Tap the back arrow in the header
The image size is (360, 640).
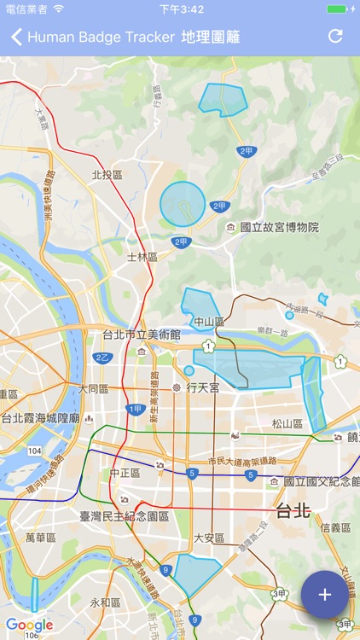click(x=16, y=37)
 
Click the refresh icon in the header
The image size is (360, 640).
click(x=335, y=37)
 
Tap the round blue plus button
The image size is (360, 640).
click(x=324, y=595)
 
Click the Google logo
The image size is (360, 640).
click(x=29, y=625)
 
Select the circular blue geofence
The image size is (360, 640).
click(x=183, y=204)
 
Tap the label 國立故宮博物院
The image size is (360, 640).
click(x=279, y=227)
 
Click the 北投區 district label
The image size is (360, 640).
click(x=107, y=174)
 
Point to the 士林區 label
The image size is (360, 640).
click(x=142, y=256)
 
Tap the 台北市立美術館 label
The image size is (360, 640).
click(x=142, y=334)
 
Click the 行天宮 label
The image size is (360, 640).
click(x=203, y=387)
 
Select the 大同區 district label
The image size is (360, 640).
click(x=94, y=388)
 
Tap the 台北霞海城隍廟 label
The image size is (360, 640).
click(x=40, y=418)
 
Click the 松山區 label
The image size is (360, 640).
click(x=287, y=422)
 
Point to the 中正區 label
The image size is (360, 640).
click(x=125, y=472)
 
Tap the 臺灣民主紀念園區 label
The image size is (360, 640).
click(x=125, y=516)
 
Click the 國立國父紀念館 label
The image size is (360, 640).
click(x=321, y=481)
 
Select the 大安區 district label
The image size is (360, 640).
click(x=209, y=538)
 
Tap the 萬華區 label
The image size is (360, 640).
click(x=40, y=538)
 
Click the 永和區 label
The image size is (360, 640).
click(x=106, y=602)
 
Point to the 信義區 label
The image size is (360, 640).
click(x=335, y=527)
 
